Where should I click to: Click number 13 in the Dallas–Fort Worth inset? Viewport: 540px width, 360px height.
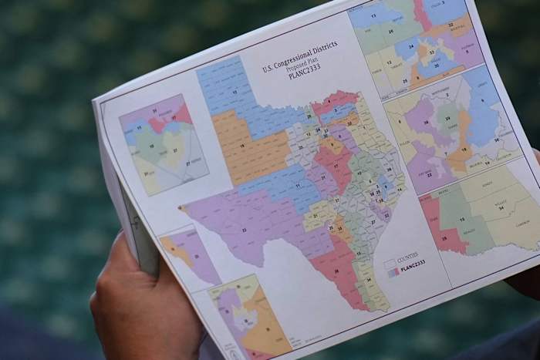378,13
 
